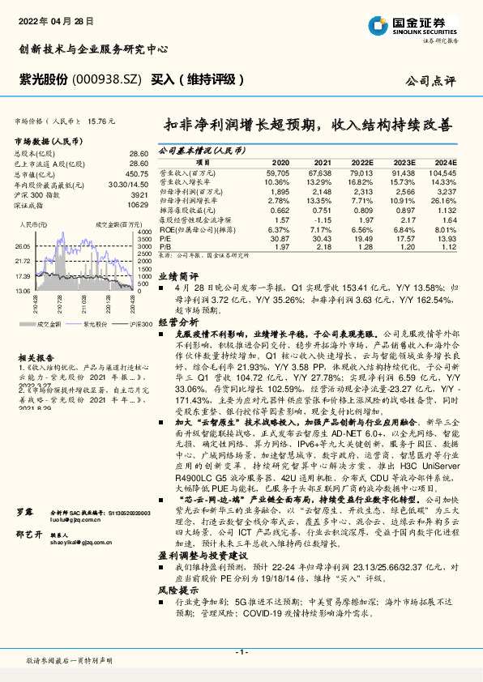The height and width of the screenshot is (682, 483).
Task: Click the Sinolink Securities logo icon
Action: pos(375,25)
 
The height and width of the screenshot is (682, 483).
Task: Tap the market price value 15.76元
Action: pos(103,120)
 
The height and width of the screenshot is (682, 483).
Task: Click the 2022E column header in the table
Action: pos(361,162)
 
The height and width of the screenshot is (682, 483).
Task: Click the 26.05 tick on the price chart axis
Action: pos(23,245)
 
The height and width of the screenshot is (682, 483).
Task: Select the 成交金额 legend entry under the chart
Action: pos(50,322)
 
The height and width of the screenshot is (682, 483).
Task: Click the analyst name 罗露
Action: pos(24,535)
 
